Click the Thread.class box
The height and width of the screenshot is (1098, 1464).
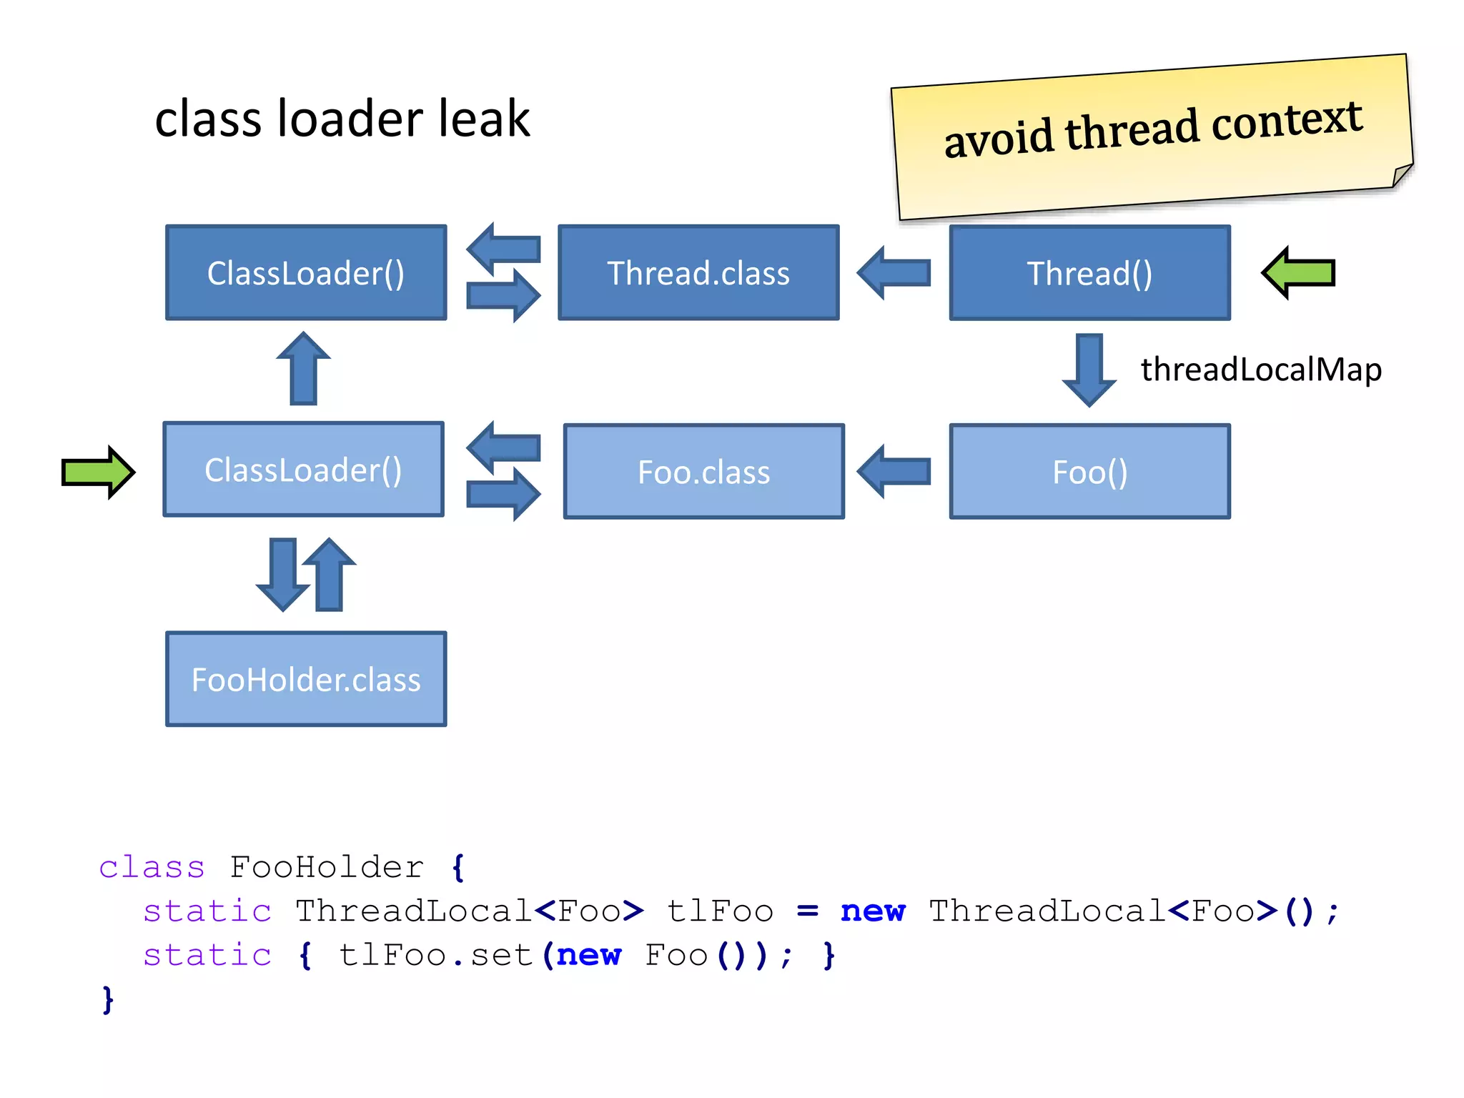tap(698, 273)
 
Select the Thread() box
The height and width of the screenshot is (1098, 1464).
tap(1089, 273)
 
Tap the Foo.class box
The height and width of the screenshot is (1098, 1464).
tap(703, 472)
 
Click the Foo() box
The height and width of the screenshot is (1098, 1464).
tap(1089, 472)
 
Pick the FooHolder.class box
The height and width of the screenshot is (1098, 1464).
tap(306, 679)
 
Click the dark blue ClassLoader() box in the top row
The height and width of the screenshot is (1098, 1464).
tap(306, 273)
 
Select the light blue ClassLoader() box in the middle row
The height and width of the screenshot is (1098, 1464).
tap(304, 470)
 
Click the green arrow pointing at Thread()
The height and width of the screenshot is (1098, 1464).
tap(1298, 273)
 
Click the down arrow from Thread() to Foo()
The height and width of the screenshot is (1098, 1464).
tap(1089, 369)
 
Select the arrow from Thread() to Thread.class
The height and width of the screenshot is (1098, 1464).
tap(894, 273)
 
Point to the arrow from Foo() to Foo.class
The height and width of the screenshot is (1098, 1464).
tap(894, 472)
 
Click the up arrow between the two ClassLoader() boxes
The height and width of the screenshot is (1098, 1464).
tap(304, 369)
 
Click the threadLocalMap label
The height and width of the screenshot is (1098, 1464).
tap(1261, 370)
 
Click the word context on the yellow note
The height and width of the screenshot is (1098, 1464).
tap(1287, 122)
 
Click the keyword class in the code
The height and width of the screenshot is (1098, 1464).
tap(152, 868)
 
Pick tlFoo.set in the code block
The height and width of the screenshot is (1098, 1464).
tap(436, 956)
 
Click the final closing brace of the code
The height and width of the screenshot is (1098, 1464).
tap(108, 1000)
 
